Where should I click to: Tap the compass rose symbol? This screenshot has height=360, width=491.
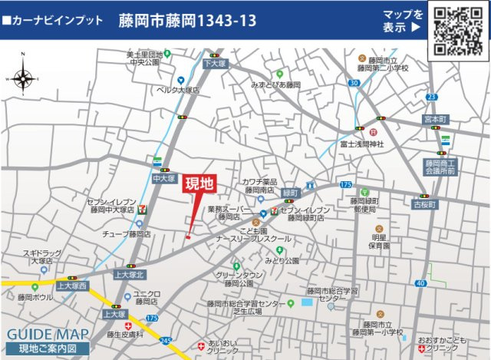[x=21, y=79]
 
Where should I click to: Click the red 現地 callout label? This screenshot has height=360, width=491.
[x=200, y=184]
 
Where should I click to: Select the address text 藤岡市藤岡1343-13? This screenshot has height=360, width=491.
[x=187, y=21]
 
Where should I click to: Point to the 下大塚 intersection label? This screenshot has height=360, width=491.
[x=216, y=65]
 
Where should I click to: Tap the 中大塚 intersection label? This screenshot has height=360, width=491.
[x=163, y=177]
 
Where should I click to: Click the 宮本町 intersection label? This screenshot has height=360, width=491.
[x=439, y=121]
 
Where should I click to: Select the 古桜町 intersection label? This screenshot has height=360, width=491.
[x=423, y=205]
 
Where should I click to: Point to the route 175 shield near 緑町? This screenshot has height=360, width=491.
[x=345, y=185]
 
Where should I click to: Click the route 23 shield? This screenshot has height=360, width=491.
[x=432, y=97]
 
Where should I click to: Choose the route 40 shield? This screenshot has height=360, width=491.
[x=421, y=283]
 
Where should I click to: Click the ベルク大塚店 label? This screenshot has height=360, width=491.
[x=177, y=90]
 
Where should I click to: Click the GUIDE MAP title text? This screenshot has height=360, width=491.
[x=47, y=334]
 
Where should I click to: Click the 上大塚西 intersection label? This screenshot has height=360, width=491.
[x=74, y=286]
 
